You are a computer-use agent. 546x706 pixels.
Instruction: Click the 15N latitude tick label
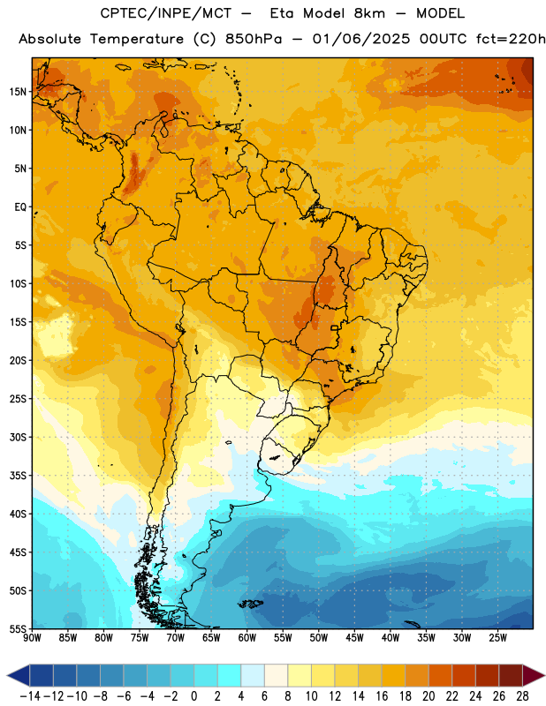(x=18, y=92)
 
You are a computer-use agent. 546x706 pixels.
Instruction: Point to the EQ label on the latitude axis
(x=20, y=207)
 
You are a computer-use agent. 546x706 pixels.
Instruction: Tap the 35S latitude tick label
(x=18, y=476)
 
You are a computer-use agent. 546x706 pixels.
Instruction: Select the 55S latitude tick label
(x=18, y=628)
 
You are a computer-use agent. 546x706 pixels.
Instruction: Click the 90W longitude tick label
(x=32, y=638)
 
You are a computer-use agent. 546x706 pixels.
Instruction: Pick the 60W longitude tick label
(x=247, y=638)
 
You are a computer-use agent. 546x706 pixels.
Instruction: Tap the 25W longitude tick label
(x=497, y=638)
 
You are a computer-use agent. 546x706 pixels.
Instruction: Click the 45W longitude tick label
(x=355, y=638)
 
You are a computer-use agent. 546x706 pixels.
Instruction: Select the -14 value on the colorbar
(x=31, y=696)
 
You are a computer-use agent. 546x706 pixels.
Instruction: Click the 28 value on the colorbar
(x=522, y=696)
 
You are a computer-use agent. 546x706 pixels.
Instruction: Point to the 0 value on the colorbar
(x=194, y=696)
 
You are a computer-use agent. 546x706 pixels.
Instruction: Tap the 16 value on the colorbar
(x=382, y=696)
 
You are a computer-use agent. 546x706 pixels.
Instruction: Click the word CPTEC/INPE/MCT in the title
(x=166, y=13)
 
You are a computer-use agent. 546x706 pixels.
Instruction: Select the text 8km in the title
(x=369, y=13)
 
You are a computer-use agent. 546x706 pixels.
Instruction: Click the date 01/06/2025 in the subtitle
(x=361, y=39)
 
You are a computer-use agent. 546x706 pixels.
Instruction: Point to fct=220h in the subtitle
(x=511, y=39)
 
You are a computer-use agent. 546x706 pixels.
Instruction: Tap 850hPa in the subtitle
(x=254, y=40)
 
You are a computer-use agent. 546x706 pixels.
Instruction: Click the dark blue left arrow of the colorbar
(x=18, y=675)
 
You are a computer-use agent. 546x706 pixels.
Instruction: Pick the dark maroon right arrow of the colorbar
(x=535, y=675)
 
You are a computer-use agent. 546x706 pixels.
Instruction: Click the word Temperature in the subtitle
(x=137, y=40)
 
